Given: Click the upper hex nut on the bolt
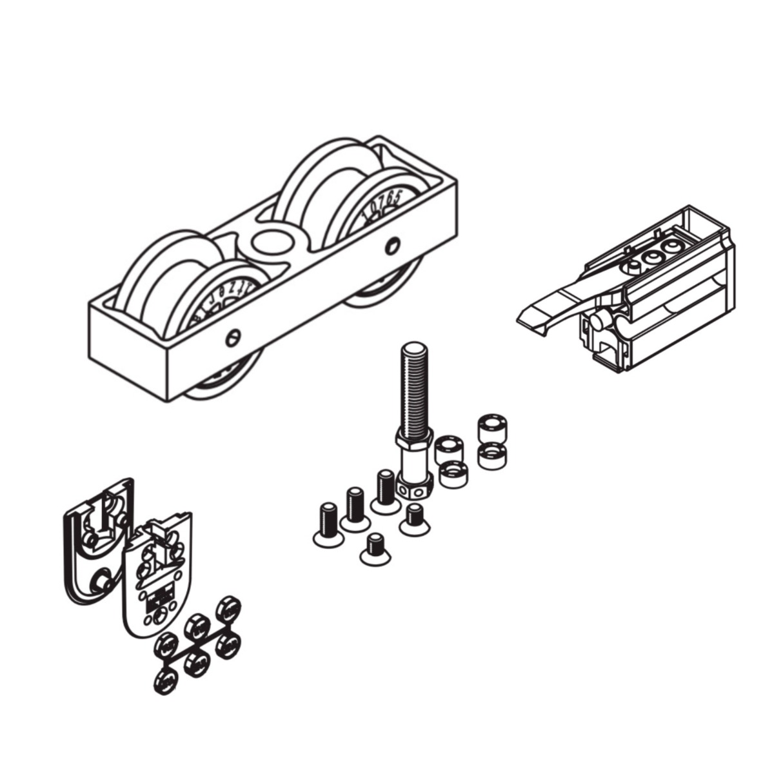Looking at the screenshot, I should pyautogui.click(x=413, y=440).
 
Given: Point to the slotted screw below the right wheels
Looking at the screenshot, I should pyautogui.click(x=392, y=244).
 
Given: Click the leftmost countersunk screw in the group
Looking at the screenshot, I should pyautogui.click(x=326, y=523).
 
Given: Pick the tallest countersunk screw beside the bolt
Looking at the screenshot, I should pyautogui.click(x=385, y=490).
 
